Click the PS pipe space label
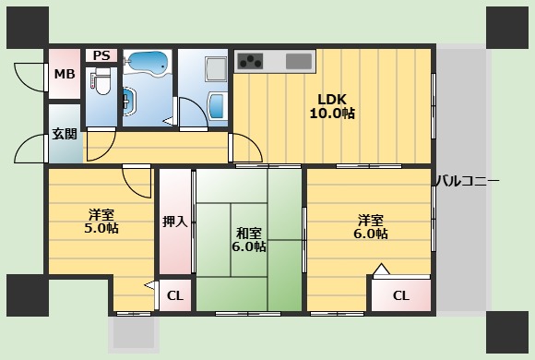(101, 55)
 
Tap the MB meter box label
(65, 74)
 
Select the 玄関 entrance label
(65, 134)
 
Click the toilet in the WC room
(101, 81)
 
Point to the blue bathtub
(148, 62)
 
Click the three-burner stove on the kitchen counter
(251, 61)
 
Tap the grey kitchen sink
(299, 61)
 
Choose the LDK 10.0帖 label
(332, 106)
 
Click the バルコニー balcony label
(467, 181)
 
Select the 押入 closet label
(174, 222)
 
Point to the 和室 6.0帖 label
(249, 240)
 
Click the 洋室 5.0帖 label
(101, 222)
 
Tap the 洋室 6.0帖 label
(371, 227)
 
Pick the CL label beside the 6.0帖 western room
(401, 295)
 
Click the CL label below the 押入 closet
(175, 295)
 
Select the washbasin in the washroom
(130, 102)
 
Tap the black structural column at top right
(507, 28)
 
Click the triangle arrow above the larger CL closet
(382, 270)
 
